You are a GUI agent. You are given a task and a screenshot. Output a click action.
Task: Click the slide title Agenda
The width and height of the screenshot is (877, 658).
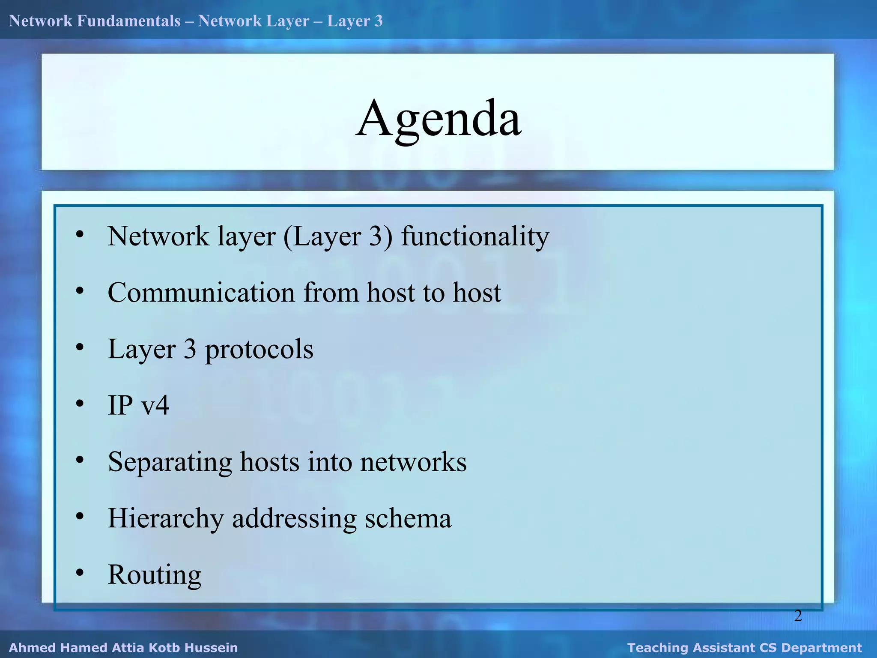[438, 119]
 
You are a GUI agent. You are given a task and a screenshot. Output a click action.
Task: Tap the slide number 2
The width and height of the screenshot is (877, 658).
[798, 616]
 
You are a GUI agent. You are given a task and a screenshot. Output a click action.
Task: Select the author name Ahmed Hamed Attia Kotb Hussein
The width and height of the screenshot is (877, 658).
[123, 647]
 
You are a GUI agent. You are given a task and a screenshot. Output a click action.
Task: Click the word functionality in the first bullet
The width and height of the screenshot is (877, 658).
[475, 236]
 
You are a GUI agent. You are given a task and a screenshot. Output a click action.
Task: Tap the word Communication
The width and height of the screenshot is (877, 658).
[201, 293]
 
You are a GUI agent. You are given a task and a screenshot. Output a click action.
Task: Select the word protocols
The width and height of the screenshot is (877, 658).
[259, 350]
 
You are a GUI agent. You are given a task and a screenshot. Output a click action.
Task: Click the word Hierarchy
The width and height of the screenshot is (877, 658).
[166, 519]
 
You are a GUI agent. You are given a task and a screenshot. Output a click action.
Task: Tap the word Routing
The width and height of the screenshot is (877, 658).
[155, 574]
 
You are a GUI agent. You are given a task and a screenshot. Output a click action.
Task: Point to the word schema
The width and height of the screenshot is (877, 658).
[408, 518]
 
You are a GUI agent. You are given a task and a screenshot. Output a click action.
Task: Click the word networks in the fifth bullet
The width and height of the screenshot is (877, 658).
[413, 462]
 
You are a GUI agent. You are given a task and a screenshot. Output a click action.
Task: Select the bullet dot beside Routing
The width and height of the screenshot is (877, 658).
[80, 572]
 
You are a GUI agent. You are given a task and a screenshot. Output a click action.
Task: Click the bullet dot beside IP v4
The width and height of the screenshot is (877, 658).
[80, 404]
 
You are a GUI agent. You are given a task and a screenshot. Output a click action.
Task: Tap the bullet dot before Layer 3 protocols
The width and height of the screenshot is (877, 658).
[80, 347]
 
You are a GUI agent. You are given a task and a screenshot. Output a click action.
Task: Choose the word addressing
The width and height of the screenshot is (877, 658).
[294, 519]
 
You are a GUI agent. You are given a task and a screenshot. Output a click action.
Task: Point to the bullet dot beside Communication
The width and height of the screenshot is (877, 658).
[80, 291]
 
